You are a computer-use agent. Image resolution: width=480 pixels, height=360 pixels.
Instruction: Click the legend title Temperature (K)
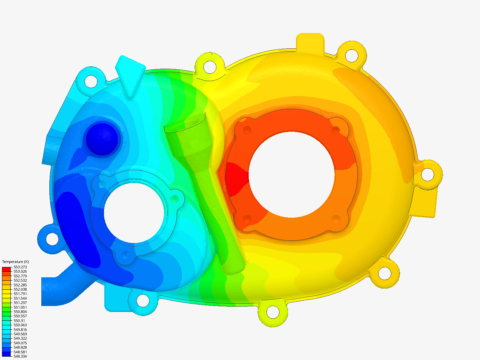15,262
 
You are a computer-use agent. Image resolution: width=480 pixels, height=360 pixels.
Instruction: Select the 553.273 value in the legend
20,267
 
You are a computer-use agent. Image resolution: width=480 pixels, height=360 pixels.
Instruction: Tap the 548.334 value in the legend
20,356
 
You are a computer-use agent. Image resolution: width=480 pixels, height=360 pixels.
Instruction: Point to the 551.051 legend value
20,307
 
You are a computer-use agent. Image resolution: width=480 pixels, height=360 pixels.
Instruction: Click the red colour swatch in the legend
6,268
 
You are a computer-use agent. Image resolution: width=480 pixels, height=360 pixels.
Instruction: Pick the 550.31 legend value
19,321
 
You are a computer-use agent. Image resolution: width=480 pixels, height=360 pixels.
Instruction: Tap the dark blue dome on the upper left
102,139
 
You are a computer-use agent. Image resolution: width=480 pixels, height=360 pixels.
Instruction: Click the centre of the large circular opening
292,175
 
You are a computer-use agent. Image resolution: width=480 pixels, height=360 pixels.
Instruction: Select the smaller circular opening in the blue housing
134,213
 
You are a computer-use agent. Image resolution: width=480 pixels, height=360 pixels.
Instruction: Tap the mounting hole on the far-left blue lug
52,239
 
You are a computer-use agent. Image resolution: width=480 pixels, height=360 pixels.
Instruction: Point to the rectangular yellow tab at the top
310,42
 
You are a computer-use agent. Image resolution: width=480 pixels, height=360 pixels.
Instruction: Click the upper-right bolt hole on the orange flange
336,129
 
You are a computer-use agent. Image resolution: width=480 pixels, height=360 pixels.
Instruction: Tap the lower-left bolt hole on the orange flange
247,219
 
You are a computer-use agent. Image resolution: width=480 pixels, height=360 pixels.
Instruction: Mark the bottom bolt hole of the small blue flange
125,255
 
